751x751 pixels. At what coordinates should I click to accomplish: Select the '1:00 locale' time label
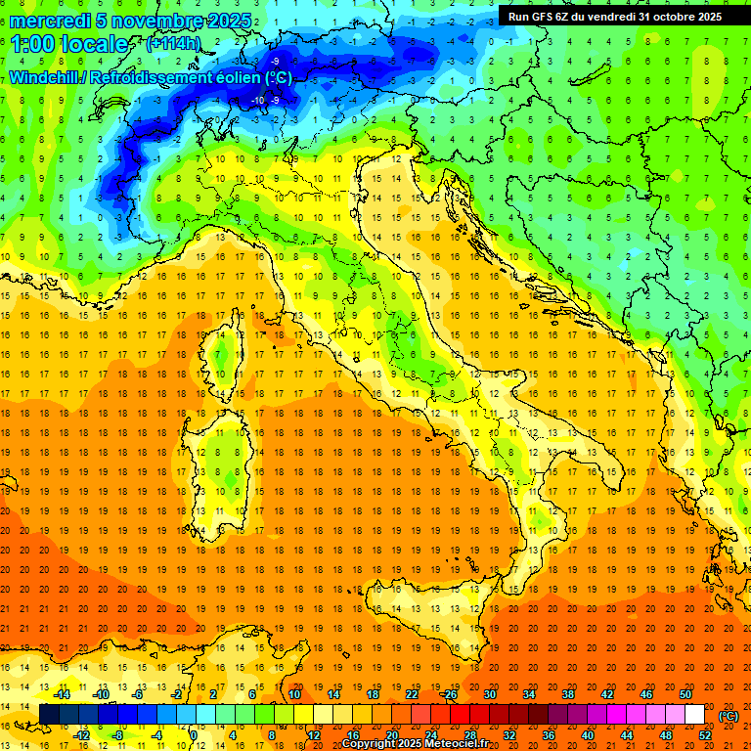69,44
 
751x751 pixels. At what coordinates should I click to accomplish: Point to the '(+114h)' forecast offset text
173,44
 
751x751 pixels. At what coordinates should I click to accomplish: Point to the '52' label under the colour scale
705,735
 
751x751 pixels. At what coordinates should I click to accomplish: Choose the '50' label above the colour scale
685,694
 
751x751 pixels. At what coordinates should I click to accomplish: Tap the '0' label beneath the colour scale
194,735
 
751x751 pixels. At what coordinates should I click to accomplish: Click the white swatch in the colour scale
694,715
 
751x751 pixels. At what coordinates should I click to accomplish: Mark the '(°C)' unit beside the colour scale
728,715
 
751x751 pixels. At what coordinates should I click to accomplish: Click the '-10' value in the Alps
258,100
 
